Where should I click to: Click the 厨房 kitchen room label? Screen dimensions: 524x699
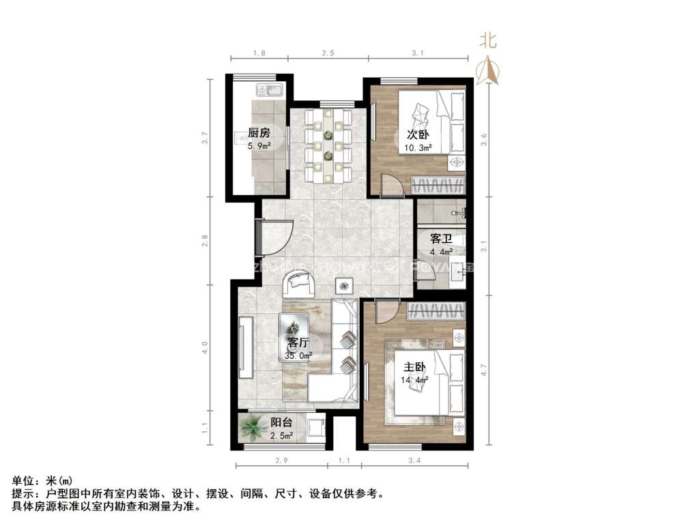coord(259,133)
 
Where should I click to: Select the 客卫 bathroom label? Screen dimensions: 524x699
coord(440,239)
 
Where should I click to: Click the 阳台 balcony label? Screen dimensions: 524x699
coord(281,422)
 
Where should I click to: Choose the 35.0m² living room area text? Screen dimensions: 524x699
coord(298,355)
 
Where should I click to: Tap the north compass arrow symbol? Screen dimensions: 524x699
coord(487,71)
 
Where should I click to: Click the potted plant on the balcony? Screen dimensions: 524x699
coord(254,428)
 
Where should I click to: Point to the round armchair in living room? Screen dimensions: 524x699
coord(298,282)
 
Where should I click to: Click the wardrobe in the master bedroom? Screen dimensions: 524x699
coord(436,312)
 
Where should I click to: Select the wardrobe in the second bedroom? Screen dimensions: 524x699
coord(440,185)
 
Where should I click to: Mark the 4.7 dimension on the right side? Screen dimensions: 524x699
coord(483,372)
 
